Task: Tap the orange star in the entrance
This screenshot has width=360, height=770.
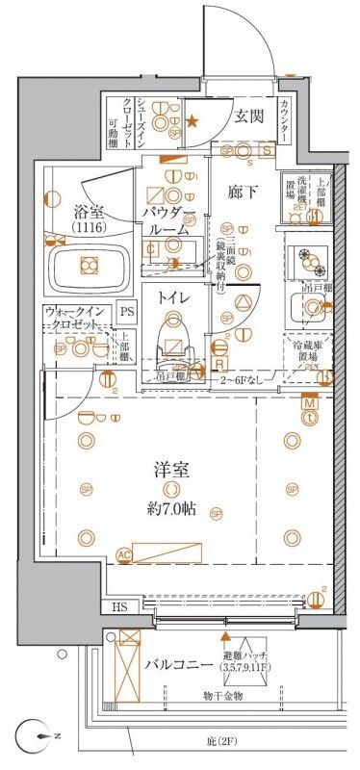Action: pos(193,121)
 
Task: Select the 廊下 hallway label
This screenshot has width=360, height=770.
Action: pos(240,191)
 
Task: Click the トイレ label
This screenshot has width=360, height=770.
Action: pos(173,299)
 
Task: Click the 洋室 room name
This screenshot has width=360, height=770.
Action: pos(169,472)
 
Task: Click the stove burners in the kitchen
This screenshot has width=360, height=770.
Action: pos(309,257)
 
